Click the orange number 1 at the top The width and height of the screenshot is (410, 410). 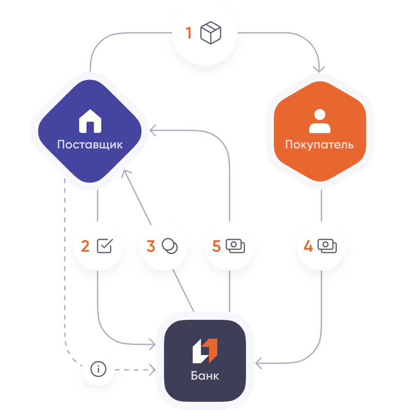189,33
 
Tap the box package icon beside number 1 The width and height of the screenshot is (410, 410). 211,33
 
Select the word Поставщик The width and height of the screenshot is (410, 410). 90,144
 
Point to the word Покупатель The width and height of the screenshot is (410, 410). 319,144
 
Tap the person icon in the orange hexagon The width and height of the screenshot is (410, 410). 319,121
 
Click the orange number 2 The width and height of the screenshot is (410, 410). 85,246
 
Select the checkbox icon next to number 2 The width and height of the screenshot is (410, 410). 104,246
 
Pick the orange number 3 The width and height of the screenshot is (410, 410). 151,246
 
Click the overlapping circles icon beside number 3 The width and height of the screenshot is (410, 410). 170,246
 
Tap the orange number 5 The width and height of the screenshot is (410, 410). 216,246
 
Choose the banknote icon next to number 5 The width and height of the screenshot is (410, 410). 235,246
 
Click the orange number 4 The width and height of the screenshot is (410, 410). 308,246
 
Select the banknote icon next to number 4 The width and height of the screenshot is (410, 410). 327,246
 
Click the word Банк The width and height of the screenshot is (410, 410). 205,376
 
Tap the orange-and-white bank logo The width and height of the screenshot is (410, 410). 205,351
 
